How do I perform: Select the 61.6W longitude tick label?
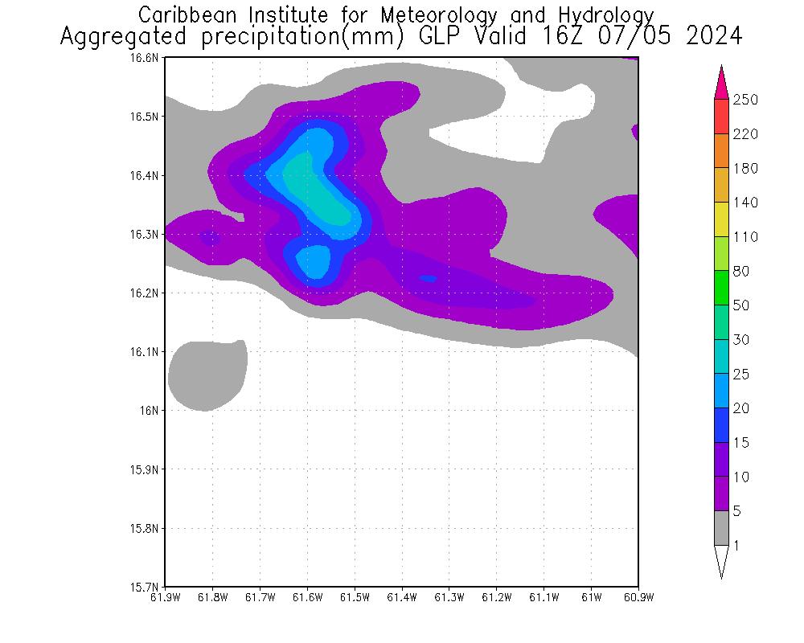click(307, 597)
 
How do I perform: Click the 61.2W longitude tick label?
click(497, 597)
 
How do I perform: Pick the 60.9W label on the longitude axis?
click(638, 597)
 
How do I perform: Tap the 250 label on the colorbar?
click(745, 100)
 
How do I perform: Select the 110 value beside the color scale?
click(745, 237)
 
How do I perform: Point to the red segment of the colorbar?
click(721, 117)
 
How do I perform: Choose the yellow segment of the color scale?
click(721, 219)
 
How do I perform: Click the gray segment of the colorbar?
click(721, 528)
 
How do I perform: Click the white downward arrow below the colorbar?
click(721, 560)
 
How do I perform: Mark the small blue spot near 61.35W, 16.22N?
click(428, 279)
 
